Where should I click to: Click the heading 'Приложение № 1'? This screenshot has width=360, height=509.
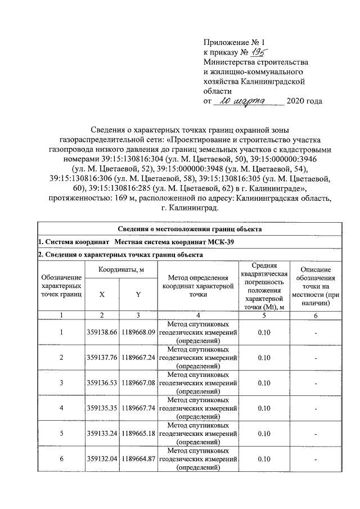coord(233,42)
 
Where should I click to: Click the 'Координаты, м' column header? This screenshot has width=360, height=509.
coord(120,271)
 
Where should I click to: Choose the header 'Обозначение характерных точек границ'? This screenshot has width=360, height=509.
coord(61,286)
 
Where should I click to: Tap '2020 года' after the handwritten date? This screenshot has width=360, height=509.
coord(304,101)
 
